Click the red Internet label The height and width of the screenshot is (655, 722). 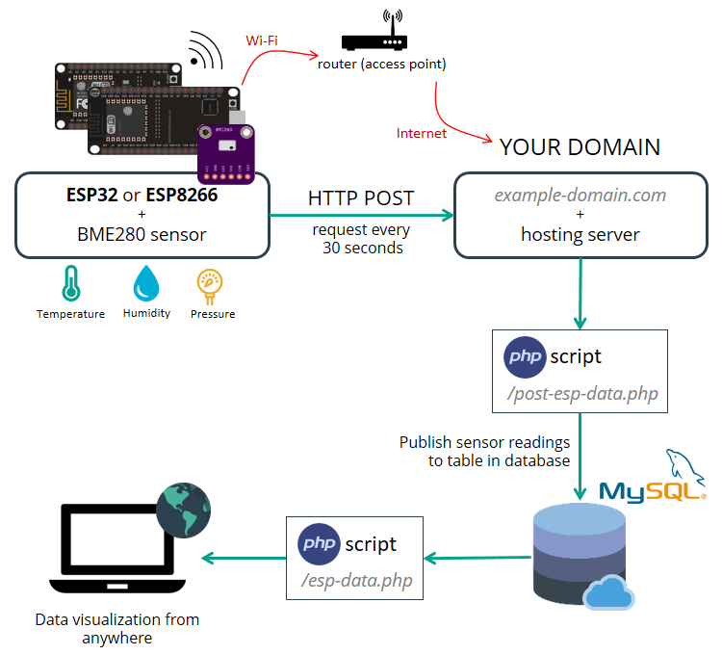pos(422,133)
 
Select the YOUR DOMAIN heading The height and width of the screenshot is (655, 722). pos(580,146)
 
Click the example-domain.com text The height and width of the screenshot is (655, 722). pos(580,195)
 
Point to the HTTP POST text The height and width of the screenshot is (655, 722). pos(361,198)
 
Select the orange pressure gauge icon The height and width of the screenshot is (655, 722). pos(211,284)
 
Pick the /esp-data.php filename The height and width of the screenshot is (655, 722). pos(356,581)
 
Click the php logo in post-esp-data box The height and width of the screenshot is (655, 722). pos(525,357)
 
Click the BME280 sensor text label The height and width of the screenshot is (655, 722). pos(141,233)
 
